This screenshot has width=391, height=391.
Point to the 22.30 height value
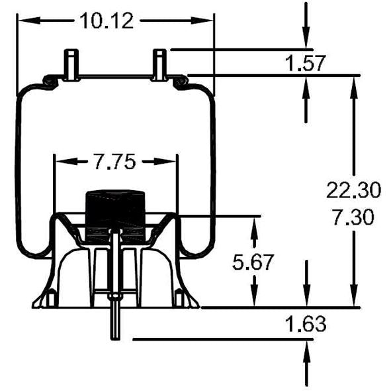click(x=353, y=191)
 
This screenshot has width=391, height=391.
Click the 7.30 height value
click(x=353, y=217)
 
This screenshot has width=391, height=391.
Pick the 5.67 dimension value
click(x=253, y=263)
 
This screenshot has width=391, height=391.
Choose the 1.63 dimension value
click(x=305, y=325)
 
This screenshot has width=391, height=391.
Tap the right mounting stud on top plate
click(x=159, y=65)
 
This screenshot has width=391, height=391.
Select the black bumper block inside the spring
click(x=116, y=212)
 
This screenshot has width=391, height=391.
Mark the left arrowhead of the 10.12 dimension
click(x=23, y=21)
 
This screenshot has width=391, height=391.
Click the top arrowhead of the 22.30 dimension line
click(x=353, y=83)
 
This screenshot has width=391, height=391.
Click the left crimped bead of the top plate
click(x=48, y=81)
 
